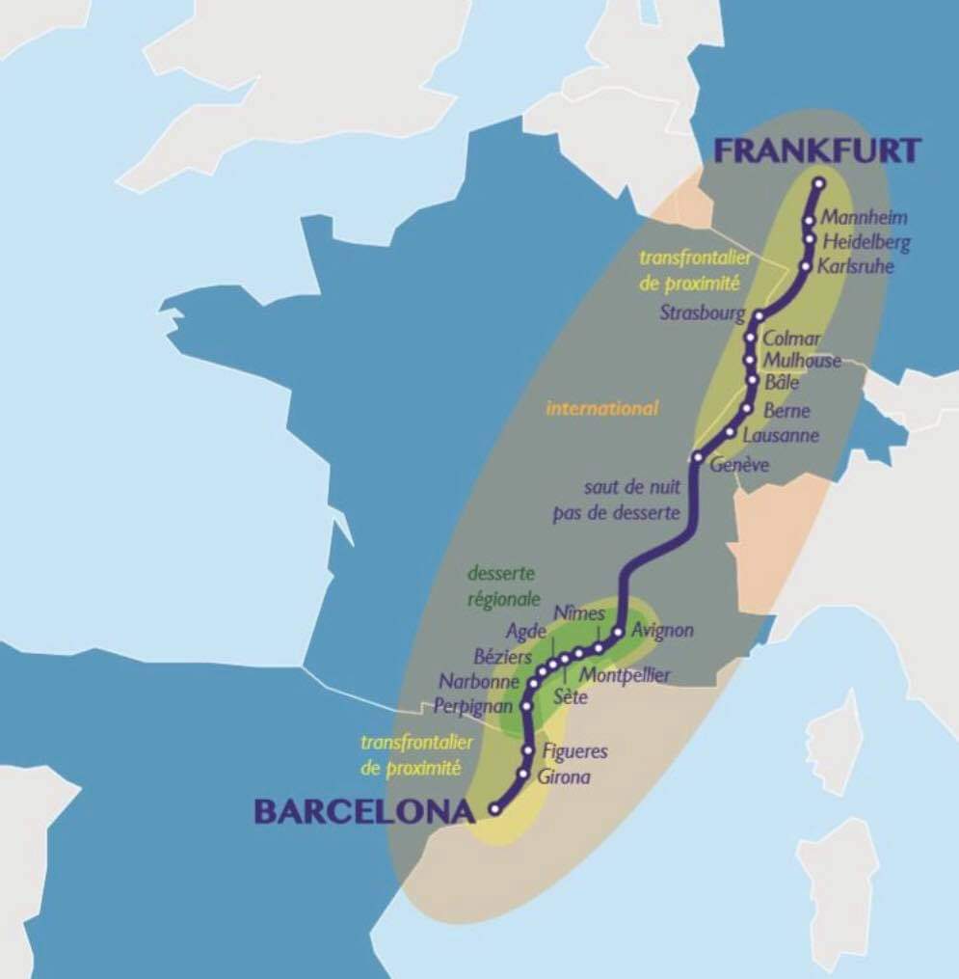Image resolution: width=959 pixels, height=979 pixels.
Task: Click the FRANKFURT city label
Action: coord(817,150)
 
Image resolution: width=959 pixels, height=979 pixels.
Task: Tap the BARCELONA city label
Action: coord(364,811)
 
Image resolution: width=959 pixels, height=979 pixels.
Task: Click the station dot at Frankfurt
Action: coord(819,183)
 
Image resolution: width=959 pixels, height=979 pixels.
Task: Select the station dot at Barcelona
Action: coord(495,810)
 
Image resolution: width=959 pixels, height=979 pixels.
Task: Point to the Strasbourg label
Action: coord(703,313)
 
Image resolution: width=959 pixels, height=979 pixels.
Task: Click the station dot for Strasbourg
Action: coord(759,315)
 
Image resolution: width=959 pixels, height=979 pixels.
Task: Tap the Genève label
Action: coord(739,465)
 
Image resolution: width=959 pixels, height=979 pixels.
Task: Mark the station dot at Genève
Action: coord(696,456)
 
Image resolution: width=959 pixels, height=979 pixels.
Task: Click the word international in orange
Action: coord(602,408)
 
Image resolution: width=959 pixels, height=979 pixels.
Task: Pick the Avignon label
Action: coord(662,631)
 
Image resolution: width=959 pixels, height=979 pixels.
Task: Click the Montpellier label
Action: coord(626,675)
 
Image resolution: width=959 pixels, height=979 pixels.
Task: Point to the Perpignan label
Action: coord(473,705)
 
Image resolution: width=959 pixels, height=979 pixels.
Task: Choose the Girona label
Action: coord(567,777)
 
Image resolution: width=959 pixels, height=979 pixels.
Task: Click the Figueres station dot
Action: coord(527,750)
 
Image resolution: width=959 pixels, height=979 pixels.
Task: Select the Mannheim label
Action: coord(865,218)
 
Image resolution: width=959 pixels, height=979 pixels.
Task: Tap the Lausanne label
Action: coord(782,435)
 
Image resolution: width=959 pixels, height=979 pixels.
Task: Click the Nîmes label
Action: coord(579,613)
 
